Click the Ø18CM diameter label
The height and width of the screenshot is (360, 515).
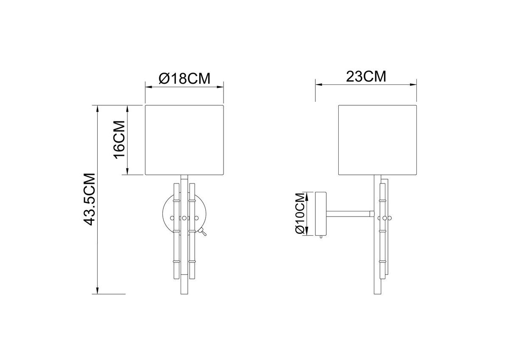[184, 79]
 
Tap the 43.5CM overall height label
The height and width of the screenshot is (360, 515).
[89, 200]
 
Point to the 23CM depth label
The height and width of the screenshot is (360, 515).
[366, 76]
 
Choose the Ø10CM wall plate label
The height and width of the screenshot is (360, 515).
[300, 214]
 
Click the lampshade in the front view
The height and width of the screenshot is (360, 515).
[184, 140]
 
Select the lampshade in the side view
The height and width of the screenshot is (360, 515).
[377, 140]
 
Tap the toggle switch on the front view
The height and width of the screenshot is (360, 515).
[203, 232]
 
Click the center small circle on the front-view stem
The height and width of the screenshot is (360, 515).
[184, 218]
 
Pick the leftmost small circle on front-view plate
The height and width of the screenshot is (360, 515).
[172, 218]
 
